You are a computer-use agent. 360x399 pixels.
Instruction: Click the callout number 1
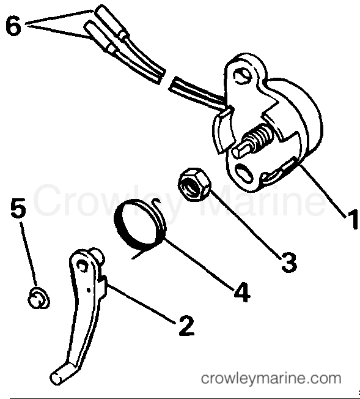coord(350,220)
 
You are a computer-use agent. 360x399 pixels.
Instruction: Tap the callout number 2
coord(186,325)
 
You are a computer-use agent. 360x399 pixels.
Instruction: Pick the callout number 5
coord(18,210)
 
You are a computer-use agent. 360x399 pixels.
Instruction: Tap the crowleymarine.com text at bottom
coord(270,377)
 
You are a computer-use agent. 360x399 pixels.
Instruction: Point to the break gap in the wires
coord(167,79)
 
